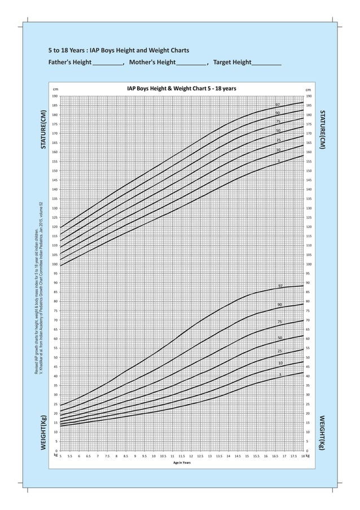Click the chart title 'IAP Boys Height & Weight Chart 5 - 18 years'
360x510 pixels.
click(x=182, y=89)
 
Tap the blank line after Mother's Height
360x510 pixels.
click(x=191, y=63)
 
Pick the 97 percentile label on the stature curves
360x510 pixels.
click(x=278, y=105)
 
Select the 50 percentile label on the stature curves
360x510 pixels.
click(x=278, y=131)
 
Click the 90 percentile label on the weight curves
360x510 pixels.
click(x=279, y=305)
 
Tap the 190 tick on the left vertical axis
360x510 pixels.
click(x=55, y=96)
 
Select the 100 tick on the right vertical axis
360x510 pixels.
click(x=308, y=264)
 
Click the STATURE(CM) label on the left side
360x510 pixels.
click(x=43, y=130)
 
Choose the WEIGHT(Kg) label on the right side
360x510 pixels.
click(x=321, y=432)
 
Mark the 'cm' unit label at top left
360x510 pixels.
click(x=55, y=89)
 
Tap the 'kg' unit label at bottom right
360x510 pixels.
click(x=308, y=455)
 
